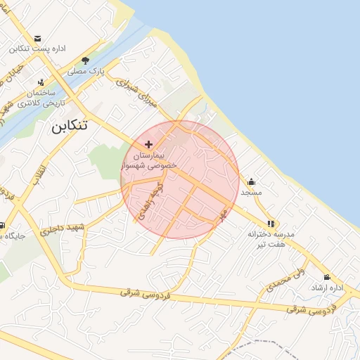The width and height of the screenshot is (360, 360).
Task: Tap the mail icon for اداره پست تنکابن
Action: (37, 39)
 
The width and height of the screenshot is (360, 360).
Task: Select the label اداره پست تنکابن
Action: (37, 49)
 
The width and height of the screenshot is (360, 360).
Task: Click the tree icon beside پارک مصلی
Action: (85, 61)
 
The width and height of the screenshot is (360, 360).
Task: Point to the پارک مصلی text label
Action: (86, 72)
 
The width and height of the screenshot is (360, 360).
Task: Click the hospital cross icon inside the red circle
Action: (148, 143)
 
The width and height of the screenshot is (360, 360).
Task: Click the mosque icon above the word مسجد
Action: (251, 181)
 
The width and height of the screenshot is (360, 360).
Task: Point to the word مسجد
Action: (251, 192)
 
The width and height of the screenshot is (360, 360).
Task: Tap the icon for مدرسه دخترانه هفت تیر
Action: (271, 224)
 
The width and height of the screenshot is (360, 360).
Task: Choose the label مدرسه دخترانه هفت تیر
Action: (271, 239)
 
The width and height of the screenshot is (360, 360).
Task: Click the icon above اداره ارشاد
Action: (327, 277)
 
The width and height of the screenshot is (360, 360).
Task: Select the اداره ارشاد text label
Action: (327, 288)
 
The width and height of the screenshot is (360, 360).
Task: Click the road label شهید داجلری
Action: (62, 229)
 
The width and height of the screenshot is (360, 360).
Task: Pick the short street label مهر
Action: (223, 213)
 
